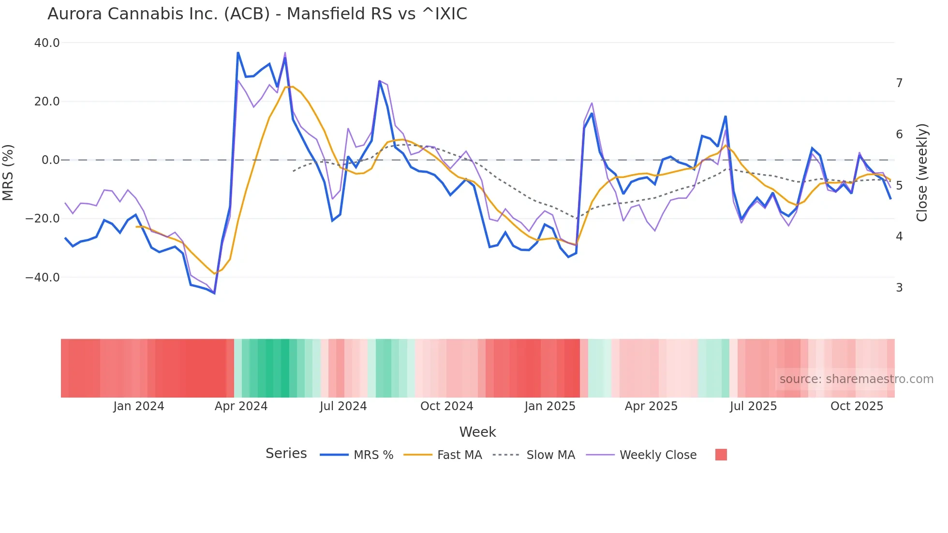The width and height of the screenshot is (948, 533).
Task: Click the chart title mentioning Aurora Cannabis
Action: (x=257, y=14)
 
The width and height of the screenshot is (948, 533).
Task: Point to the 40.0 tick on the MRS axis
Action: (x=47, y=43)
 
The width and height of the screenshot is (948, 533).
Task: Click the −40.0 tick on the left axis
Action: (x=43, y=278)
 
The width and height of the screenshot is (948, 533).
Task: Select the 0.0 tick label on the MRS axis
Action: (x=51, y=160)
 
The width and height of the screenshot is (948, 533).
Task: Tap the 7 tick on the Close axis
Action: (x=899, y=83)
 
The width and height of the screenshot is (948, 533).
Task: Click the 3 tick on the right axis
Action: (x=899, y=288)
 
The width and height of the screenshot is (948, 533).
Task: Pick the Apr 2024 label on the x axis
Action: (x=241, y=406)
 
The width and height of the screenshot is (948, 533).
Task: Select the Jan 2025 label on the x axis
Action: (x=550, y=406)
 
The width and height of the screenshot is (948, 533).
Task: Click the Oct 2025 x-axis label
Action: (x=857, y=406)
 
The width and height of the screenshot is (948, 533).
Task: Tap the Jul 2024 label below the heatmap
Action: (x=343, y=406)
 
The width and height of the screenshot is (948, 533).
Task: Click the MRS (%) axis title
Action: (x=8, y=172)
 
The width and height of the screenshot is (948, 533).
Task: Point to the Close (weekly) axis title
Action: (x=922, y=173)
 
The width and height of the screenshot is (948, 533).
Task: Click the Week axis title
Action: (x=477, y=432)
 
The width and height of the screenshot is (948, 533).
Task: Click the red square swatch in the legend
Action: (x=721, y=455)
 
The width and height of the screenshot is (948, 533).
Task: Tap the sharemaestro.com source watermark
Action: (x=856, y=379)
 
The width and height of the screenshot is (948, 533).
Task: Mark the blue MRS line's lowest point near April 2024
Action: (x=214, y=293)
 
